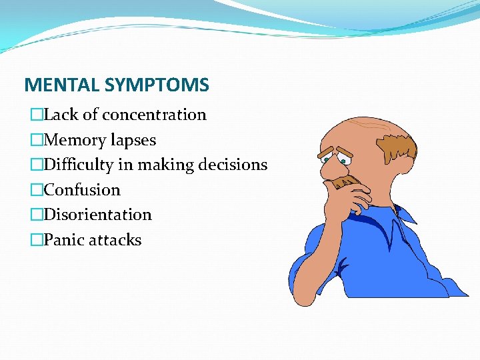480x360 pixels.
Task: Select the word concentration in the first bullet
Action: click(x=154, y=115)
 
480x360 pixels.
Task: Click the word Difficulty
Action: click(x=75, y=165)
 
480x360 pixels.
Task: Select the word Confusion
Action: click(x=82, y=190)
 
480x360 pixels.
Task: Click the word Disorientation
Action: click(x=97, y=215)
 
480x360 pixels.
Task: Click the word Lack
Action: click(x=59, y=115)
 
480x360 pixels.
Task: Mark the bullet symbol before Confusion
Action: click(x=36, y=190)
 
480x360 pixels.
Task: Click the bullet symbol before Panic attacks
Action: click(x=36, y=240)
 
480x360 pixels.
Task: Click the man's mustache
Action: click(x=343, y=181)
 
